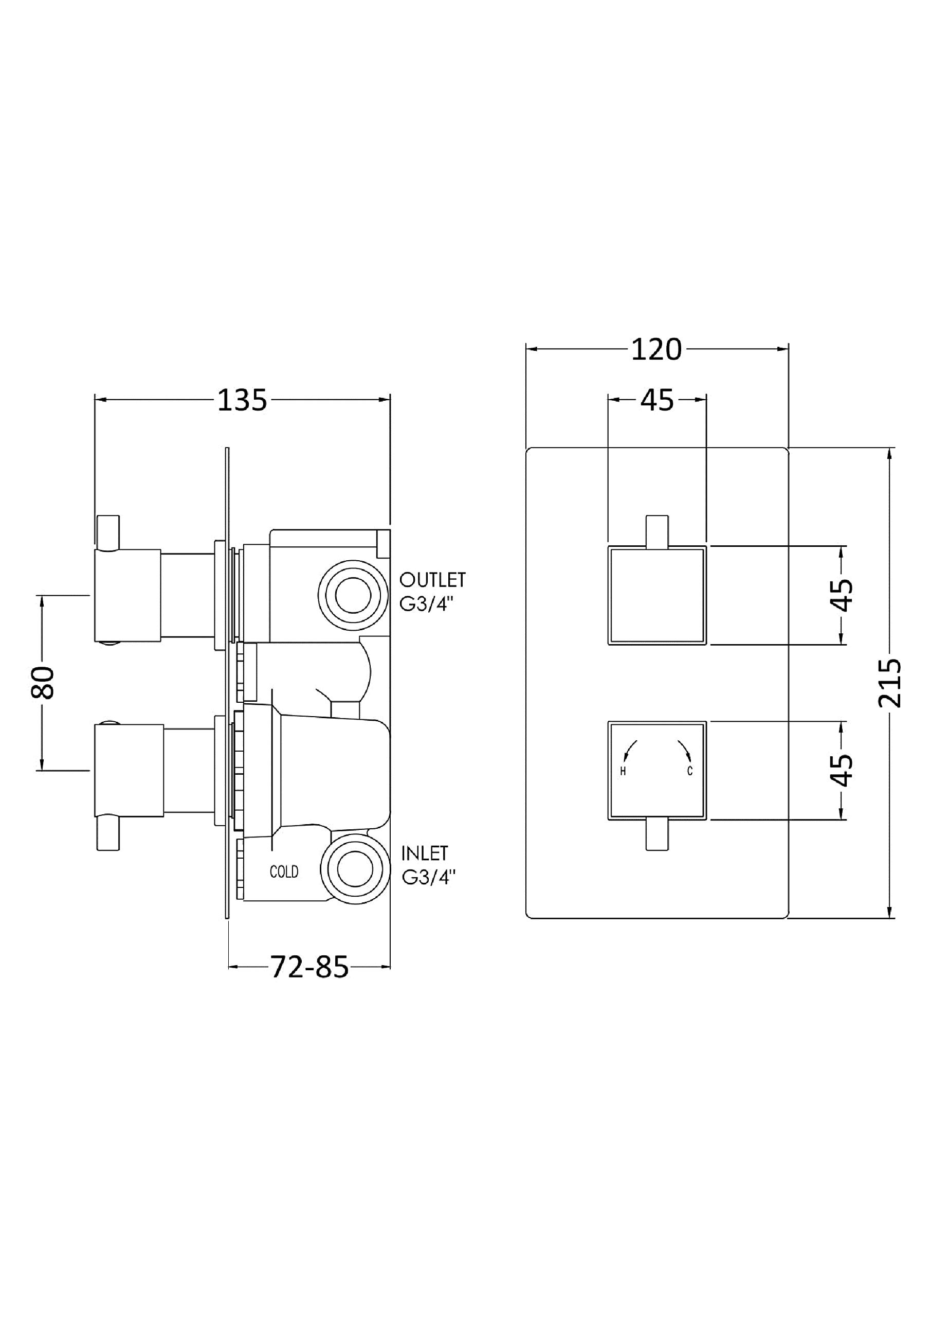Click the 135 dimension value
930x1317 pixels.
(x=242, y=400)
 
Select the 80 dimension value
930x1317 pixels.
(x=43, y=682)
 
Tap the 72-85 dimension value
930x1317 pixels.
(x=309, y=967)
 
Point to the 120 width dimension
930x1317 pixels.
(x=657, y=349)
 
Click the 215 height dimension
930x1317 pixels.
(x=889, y=683)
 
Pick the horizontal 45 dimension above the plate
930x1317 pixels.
(x=657, y=400)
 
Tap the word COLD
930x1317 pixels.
(x=284, y=872)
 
